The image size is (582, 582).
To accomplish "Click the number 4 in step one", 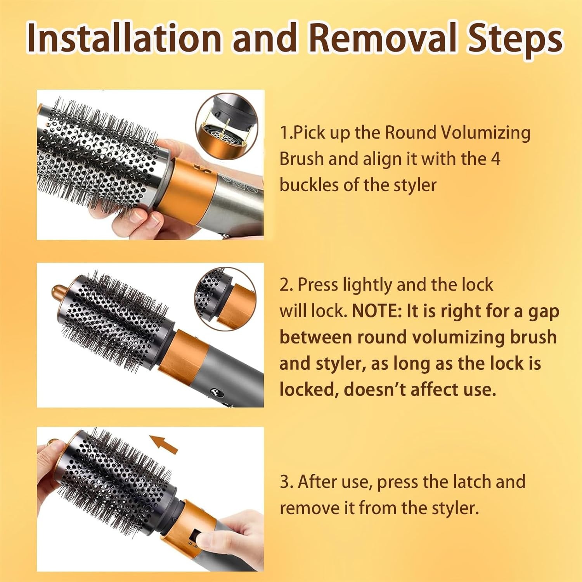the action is tap(495, 159).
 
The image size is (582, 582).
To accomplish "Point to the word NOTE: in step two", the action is tap(377, 311).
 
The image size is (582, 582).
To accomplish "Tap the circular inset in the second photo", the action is tap(225, 299).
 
